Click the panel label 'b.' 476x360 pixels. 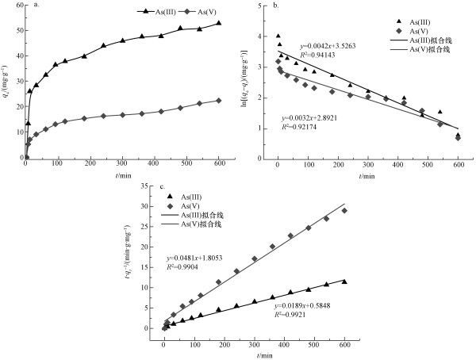(274, 6)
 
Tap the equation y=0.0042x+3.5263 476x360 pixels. (327, 46)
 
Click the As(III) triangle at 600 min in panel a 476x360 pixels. (218, 23)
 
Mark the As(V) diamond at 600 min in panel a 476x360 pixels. (218, 101)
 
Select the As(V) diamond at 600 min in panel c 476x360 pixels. (344, 211)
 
